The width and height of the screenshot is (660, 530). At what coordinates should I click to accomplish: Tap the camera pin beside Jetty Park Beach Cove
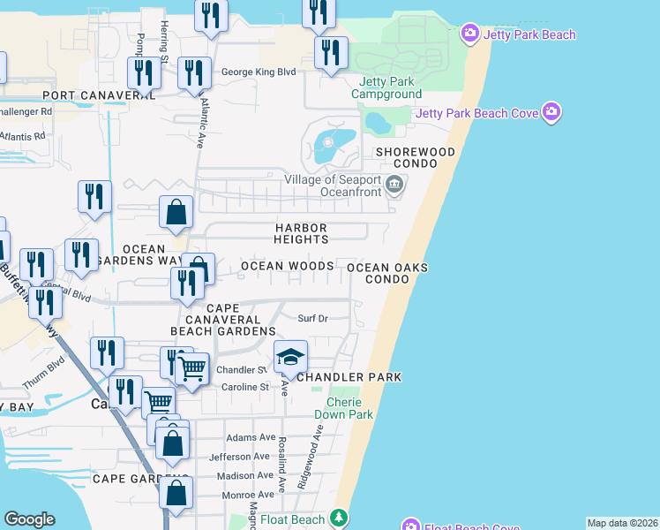pos(553,112)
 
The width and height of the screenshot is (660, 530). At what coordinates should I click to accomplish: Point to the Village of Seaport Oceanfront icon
pos(395,185)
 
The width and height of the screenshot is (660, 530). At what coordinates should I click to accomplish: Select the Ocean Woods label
pos(288,266)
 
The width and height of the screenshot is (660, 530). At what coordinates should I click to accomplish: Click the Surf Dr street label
pos(312,318)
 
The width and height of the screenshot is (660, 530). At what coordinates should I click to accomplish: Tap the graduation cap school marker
pos(290,357)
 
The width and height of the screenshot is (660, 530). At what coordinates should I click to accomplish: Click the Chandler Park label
pos(349,377)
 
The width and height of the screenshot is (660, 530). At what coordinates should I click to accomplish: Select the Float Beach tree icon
pos(337,519)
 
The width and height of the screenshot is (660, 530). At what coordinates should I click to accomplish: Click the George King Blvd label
pos(258,72)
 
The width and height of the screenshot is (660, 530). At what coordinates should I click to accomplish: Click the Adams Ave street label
pos(251,437)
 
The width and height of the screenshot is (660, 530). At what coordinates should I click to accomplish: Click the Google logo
pos(29,519)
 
